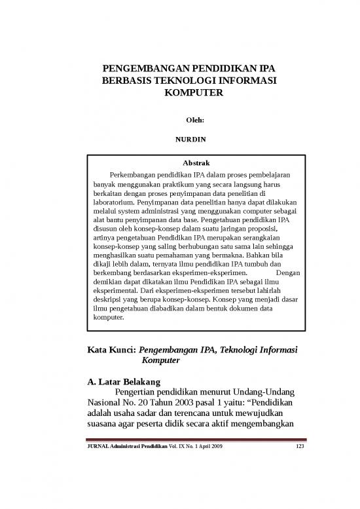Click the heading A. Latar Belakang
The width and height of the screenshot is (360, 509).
click(x=123, y=381)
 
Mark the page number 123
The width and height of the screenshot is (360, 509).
click(x=300, y=447)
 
